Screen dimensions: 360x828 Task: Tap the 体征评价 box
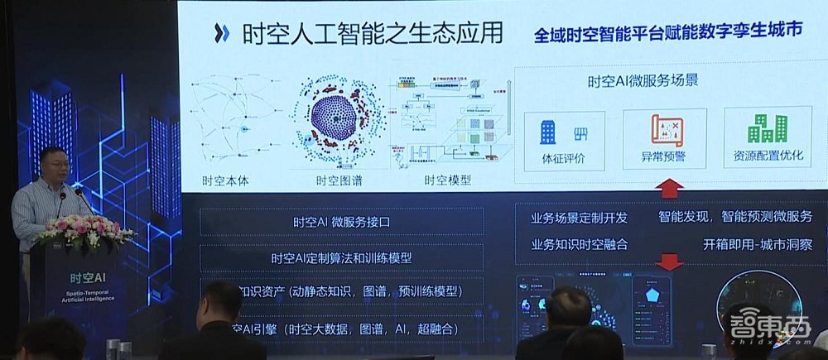pyautogui.click(x=563, y=140)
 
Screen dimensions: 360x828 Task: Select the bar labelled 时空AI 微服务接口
pyautogui.click(x=341, y=222)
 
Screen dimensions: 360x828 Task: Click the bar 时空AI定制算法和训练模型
pyautogui.click(x=341, y=257)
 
